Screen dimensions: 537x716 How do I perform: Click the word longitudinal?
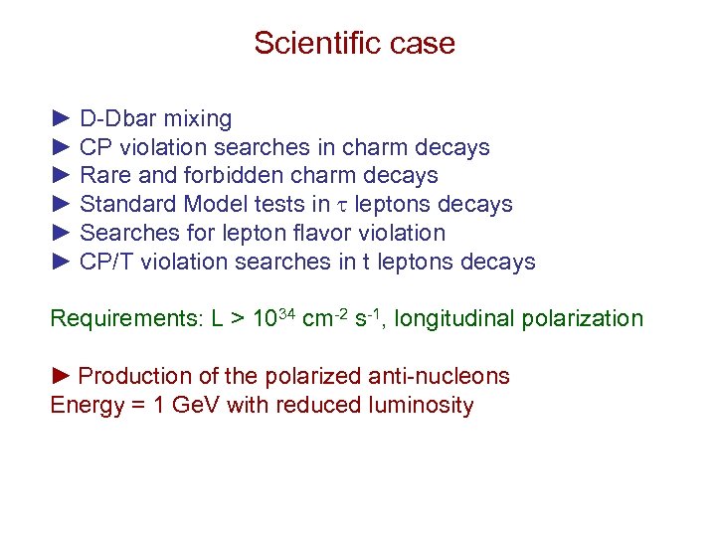[458, 319]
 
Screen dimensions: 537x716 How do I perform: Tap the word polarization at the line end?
[586, 319]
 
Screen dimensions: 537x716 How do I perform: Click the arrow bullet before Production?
[61, 376]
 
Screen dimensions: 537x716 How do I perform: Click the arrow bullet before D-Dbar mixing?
[61, 119]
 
